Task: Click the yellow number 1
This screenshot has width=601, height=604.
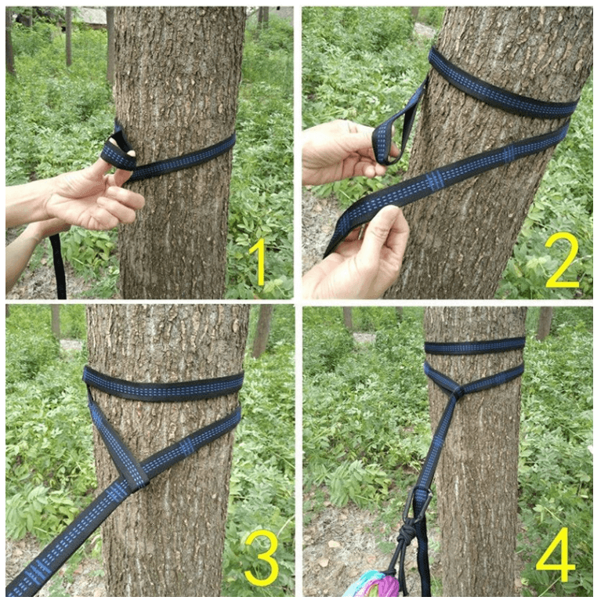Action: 258,261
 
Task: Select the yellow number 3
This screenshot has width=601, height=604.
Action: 261,557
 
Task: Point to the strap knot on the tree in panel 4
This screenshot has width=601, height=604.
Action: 458,394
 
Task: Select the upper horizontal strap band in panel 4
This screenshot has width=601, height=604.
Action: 475,345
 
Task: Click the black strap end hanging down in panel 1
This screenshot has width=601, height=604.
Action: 58,266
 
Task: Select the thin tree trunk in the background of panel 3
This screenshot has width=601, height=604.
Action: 262,331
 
